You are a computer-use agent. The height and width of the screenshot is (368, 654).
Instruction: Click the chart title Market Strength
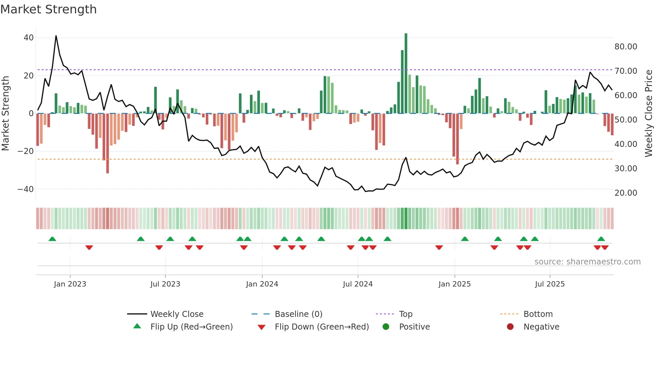coord(48,9)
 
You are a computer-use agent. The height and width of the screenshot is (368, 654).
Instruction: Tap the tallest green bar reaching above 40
coord(406,73)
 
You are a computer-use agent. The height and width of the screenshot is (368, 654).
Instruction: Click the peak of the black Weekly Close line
coord(56,36)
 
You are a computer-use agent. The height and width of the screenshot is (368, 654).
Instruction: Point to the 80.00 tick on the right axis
coord(626,47)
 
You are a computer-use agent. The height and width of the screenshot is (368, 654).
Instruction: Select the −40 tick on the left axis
coord(26,189)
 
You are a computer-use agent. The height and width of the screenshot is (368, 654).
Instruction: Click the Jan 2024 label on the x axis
coord(262,284)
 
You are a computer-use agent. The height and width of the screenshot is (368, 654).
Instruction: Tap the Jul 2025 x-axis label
coord(550,284)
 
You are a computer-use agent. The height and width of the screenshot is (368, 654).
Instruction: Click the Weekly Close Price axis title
coord(648,114)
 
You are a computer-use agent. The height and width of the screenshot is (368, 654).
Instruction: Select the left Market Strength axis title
coord(6,114)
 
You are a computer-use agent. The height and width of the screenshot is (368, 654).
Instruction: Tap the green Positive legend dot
coord(386,327)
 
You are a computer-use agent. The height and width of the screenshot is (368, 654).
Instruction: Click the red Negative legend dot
coord(510,327)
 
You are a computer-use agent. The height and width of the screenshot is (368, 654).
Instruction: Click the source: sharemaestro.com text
coord(587,262)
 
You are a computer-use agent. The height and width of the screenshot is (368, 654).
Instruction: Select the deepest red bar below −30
coord(107,144)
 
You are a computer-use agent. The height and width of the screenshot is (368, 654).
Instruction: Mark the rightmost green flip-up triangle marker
coord(601,239)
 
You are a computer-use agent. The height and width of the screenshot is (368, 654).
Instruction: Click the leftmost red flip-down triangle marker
coord(89,247)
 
